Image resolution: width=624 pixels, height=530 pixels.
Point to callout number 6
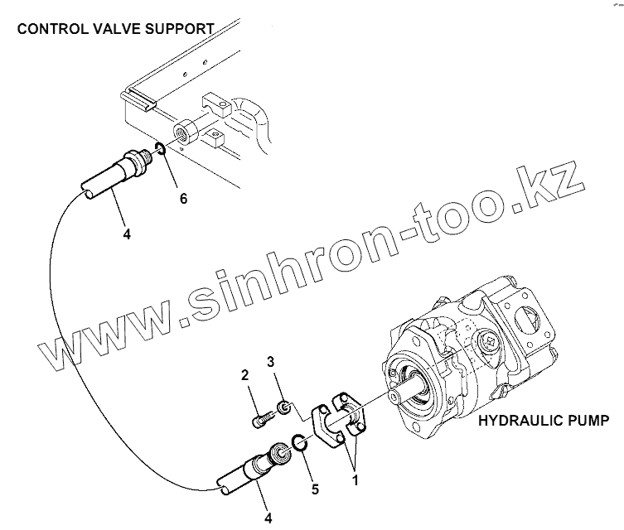(184, 199)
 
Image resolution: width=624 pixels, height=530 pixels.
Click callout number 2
(245, 376)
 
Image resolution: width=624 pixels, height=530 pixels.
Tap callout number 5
(314, 489)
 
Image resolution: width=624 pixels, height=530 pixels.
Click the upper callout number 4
(127, 234)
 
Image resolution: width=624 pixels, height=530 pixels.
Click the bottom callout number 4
(268, 518)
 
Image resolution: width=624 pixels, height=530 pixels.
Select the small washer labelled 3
(282, 407)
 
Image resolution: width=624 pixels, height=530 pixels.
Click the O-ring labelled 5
(302, 446)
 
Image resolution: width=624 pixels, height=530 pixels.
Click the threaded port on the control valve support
(182, 131)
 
